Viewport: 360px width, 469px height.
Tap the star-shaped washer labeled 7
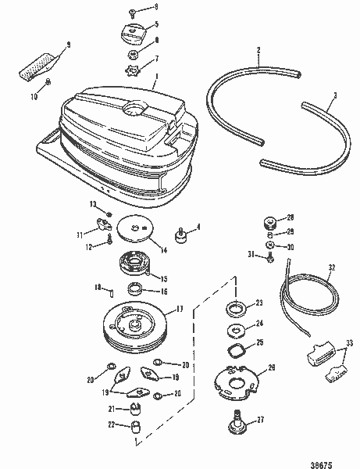coord(131,62)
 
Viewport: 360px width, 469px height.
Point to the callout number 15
coord(165,277)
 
